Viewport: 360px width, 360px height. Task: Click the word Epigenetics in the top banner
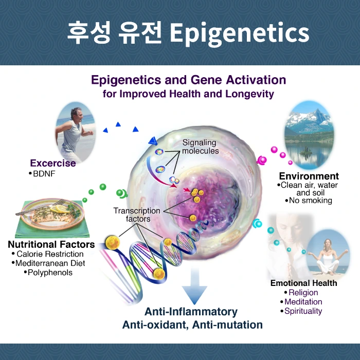pyautogui.click(x=239, y=33)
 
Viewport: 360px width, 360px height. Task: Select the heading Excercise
pyautogui.click(x=52, y=163)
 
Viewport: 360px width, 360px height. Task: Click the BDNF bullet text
pyautogui.click(x=45, y=174)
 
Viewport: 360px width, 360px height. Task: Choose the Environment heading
pyautogui.click(x=309, y=176)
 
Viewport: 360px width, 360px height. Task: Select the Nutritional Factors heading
pyautogui.click(x=51, y=244)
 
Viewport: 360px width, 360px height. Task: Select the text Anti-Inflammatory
pyautogui.click(x=191, y=312)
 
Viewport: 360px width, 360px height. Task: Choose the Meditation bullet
pyautogui.click(x=303, y=302)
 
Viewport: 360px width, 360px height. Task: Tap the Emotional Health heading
pyautogui.click(x=303, y=283)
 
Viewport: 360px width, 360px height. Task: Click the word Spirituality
pyautogui.click(x=303, y=311)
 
